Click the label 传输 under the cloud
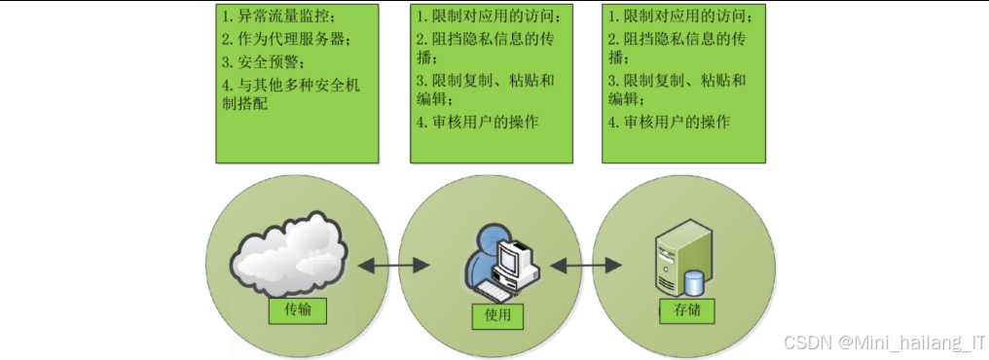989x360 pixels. (x=298, y=310)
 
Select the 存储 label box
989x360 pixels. (x=687, y=310)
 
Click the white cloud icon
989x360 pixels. (x=289, y=254)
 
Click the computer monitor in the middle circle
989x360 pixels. (x=513, y=255)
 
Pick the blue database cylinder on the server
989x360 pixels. (x=694, y=282)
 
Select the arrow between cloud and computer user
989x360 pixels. (x=394, y=264)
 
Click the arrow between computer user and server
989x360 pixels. (x=588, y=264)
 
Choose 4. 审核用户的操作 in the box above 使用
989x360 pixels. (x=477, y=122)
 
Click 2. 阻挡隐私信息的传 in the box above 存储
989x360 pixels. (x=678, y=39)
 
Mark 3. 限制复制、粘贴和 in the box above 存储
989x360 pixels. (x=678, y=80)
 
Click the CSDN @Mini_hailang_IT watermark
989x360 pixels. (x=884, y=343)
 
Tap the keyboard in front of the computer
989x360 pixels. (x=499, y=290)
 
